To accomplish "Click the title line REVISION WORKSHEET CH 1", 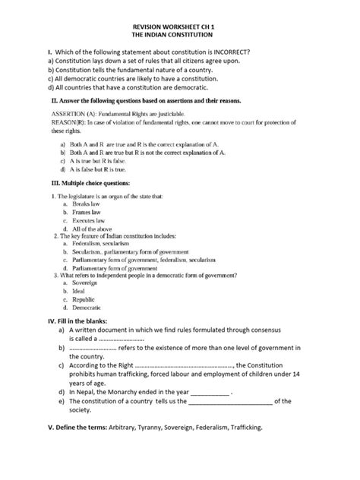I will [179, 24].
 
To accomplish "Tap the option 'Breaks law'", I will [87, 206].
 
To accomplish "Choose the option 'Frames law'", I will [87, 213].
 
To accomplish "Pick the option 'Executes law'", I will [89, 221].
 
